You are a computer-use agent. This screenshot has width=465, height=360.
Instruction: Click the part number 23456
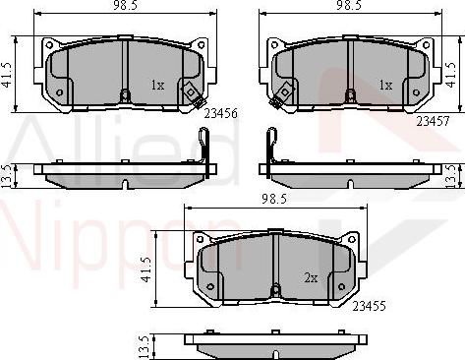click(x=222, y=114)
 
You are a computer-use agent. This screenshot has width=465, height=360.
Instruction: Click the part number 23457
click(x=433, y=120)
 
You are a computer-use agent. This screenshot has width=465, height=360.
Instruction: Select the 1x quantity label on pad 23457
click(x=386, y=86)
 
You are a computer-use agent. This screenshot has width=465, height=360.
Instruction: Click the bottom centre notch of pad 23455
click(x=276, y=289)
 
